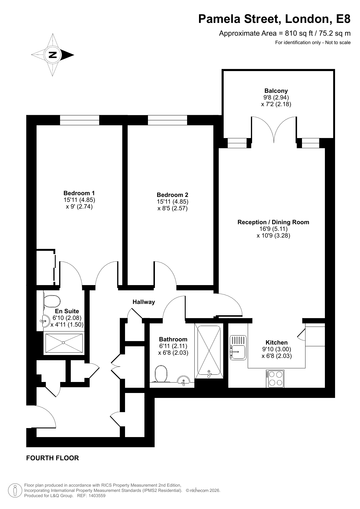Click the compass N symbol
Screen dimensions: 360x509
pos(53,55)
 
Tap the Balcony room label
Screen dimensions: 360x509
pos(276,91)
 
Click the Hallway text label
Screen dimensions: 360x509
pos(144,302)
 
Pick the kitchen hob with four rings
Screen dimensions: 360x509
pos(275,378)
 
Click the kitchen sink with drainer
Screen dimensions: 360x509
pos(238,348)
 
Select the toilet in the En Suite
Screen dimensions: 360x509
pos(51,302)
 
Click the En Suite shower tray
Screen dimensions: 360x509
pos(64,343)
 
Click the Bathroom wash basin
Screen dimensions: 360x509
pos(183,381)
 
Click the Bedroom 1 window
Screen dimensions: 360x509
pos(79,120)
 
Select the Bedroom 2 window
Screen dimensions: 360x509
pos(167,120)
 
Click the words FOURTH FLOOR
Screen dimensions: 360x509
pos(53,458)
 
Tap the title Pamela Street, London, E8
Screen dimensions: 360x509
pos(274,19)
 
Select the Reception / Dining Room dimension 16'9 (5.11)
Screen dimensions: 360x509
pos(274,229)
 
